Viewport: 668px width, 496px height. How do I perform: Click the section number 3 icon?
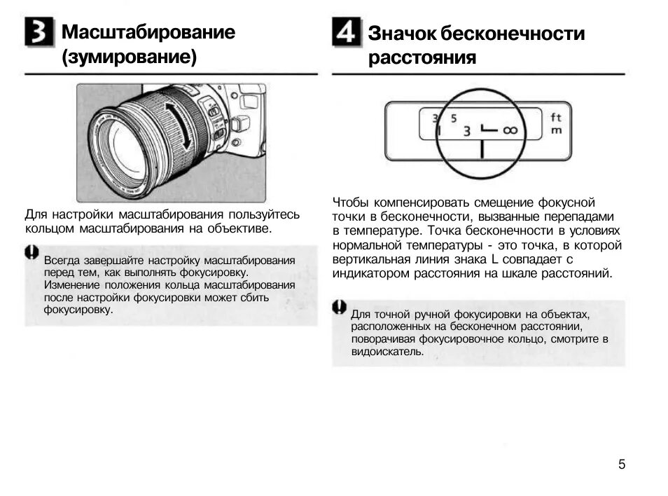click(39, 33)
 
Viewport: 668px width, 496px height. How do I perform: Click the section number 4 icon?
click(347, 33)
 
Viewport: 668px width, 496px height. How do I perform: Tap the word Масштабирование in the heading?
click(148, 32)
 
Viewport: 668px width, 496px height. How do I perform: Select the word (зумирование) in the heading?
click(129, 57)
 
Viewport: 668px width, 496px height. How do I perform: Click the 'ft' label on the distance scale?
click(556, 117)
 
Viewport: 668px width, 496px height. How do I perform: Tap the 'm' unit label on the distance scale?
click(556, 130)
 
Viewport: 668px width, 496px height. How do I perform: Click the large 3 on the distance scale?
click(467, 131)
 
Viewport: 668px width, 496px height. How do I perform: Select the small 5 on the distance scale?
click(453, 118)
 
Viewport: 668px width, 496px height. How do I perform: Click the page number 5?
click(622, 464)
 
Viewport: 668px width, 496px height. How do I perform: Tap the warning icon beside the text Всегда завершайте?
click(32, 253)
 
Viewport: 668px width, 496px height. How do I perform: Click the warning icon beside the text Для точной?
click(340, 307)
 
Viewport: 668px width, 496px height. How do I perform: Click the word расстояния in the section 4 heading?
click(422, 58)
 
